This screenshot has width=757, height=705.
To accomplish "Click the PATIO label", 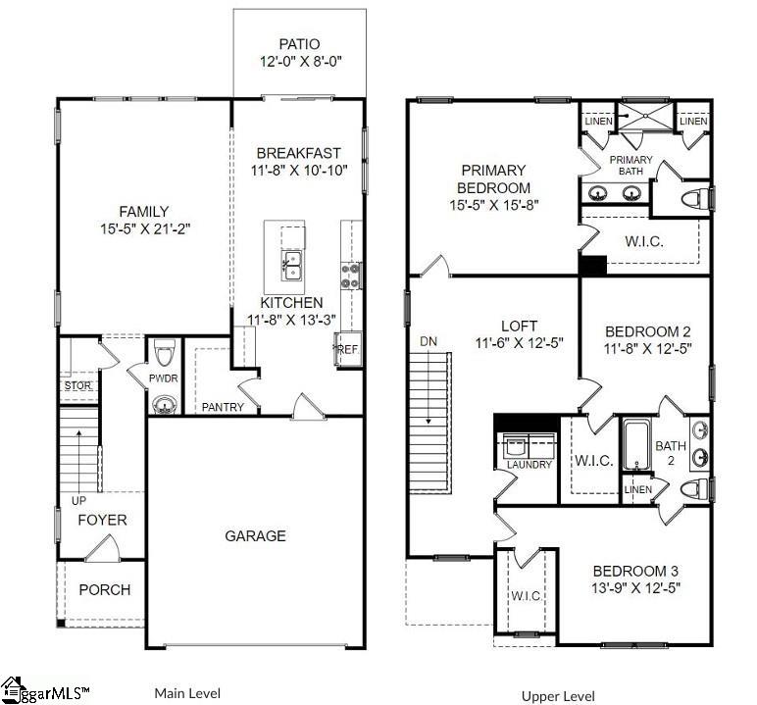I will [299, 44].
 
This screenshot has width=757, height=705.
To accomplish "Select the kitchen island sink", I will [291, 263].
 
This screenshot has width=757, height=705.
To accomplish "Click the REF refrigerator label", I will [348, 348].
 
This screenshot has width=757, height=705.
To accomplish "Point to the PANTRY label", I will [223, 407].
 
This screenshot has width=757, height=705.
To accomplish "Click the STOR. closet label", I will [77, 385].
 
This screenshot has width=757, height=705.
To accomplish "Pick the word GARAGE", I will [256, 535].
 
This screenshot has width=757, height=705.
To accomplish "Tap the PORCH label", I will [105, 589].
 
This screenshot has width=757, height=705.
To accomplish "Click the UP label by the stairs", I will [70, 500].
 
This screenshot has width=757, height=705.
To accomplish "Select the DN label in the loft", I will [428, 341].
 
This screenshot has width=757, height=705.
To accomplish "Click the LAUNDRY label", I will [529, 464].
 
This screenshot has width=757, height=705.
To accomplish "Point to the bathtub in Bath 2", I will [634, 446].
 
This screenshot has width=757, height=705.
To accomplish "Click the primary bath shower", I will [646, 121].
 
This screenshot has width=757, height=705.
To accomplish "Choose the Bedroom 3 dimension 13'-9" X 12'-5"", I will [634, 588].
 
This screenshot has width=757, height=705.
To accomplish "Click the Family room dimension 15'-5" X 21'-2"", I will [144, 229].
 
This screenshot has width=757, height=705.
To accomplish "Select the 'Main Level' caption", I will [186, 693].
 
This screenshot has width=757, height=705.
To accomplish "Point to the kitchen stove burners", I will [348, 276].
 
